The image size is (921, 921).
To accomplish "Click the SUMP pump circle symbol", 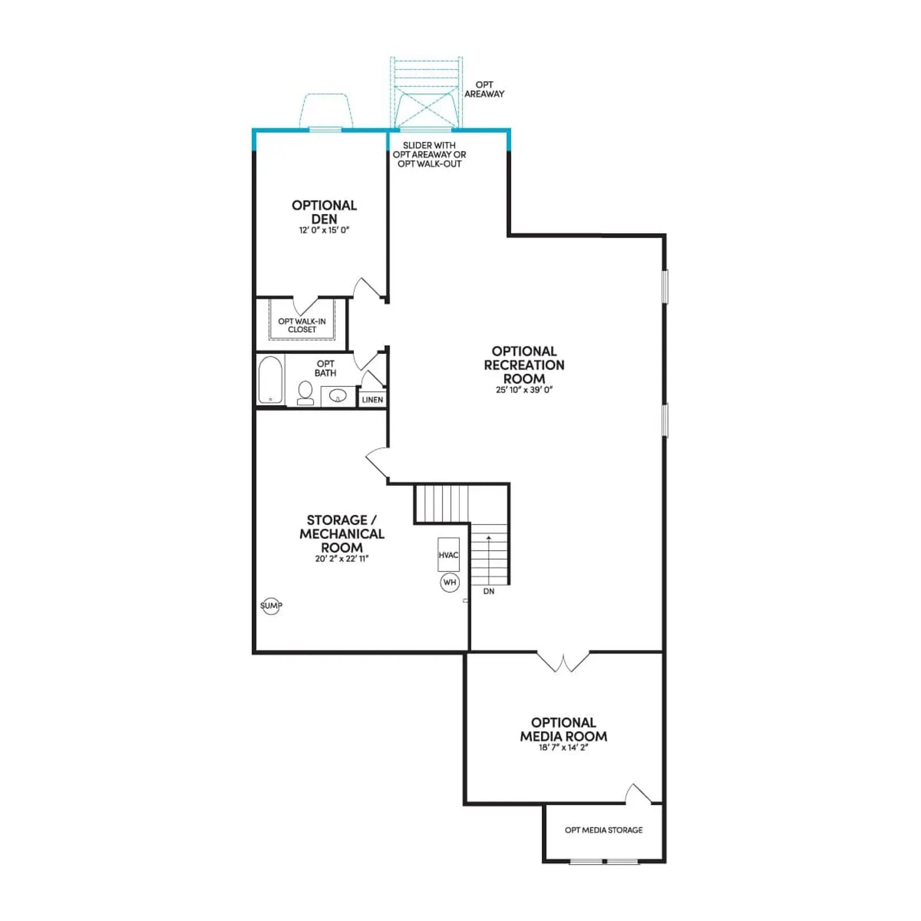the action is (x=271, y=606).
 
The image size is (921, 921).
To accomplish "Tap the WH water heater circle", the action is (x=450, y=583).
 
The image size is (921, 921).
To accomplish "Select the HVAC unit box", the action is (x=448, y=555).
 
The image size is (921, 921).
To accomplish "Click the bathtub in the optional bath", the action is (x=270, y=380).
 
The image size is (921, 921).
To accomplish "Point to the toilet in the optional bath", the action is (x=305, y=393).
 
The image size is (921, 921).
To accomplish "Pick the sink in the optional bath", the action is (x=338, y=396).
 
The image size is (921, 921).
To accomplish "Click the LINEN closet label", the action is (x=372, y=399).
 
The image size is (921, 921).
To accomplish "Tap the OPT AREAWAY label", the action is (x=484, y=89).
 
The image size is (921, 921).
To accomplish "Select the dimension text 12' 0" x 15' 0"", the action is (x=324, y=230).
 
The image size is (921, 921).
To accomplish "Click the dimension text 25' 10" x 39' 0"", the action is (x=524, y=390).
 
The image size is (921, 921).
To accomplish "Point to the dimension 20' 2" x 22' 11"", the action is (x=341, y=558).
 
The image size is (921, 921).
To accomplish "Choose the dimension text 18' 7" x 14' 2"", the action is (x=564, y=747).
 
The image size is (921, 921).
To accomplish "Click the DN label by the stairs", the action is (x=489, y=591).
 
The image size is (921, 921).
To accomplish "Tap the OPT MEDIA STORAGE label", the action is (x=604, y=830).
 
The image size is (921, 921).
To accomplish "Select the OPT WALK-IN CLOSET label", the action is (x=302, y=325).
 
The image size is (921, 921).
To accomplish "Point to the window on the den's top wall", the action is (x=325, y=130).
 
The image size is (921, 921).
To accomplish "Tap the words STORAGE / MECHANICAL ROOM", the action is (x=341, y=534).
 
